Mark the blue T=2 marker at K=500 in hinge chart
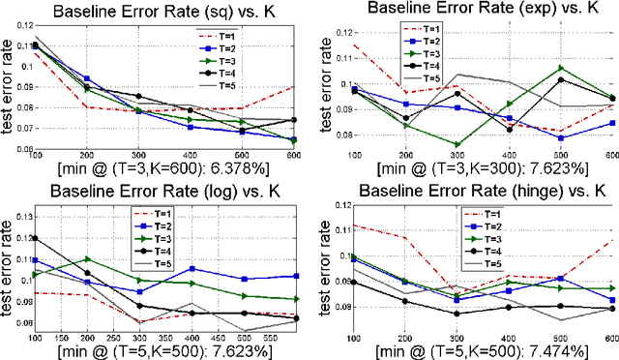point(560,278)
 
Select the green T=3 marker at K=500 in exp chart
point(560,68)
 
